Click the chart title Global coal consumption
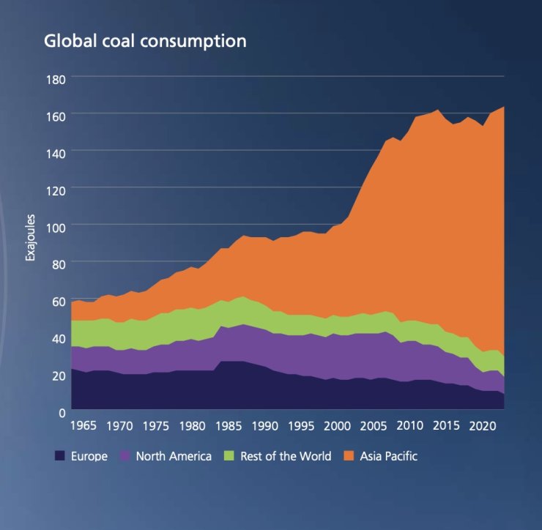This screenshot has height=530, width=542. pos(145,41)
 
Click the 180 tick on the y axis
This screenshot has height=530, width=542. pos(57,78)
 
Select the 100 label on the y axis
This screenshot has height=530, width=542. pos(57,226)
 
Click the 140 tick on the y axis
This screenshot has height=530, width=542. pos(57,152)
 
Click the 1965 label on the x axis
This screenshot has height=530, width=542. pos(83,425)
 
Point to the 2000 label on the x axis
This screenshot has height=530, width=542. pos(338,425)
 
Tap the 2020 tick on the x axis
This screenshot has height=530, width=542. pos(483,425)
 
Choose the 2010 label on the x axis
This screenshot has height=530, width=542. pos(410,425)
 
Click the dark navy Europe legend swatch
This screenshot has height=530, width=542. pos(61,456)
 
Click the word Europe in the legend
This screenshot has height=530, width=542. pos(89,456)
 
